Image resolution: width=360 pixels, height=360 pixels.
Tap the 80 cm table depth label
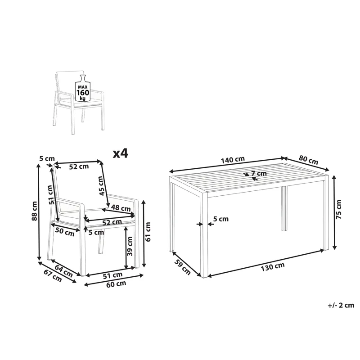tap(308, 160)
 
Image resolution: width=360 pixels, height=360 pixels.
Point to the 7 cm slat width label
tap(259, 174)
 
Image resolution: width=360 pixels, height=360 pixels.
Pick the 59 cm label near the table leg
tap(182, 267)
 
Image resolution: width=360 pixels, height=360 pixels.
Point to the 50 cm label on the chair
tap(64, 233)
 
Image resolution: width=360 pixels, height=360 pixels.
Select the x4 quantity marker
tap(120, 153)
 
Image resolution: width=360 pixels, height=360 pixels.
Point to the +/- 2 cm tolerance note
tap(341, 305)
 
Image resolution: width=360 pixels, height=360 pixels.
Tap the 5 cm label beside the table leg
tap(221, 219)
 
